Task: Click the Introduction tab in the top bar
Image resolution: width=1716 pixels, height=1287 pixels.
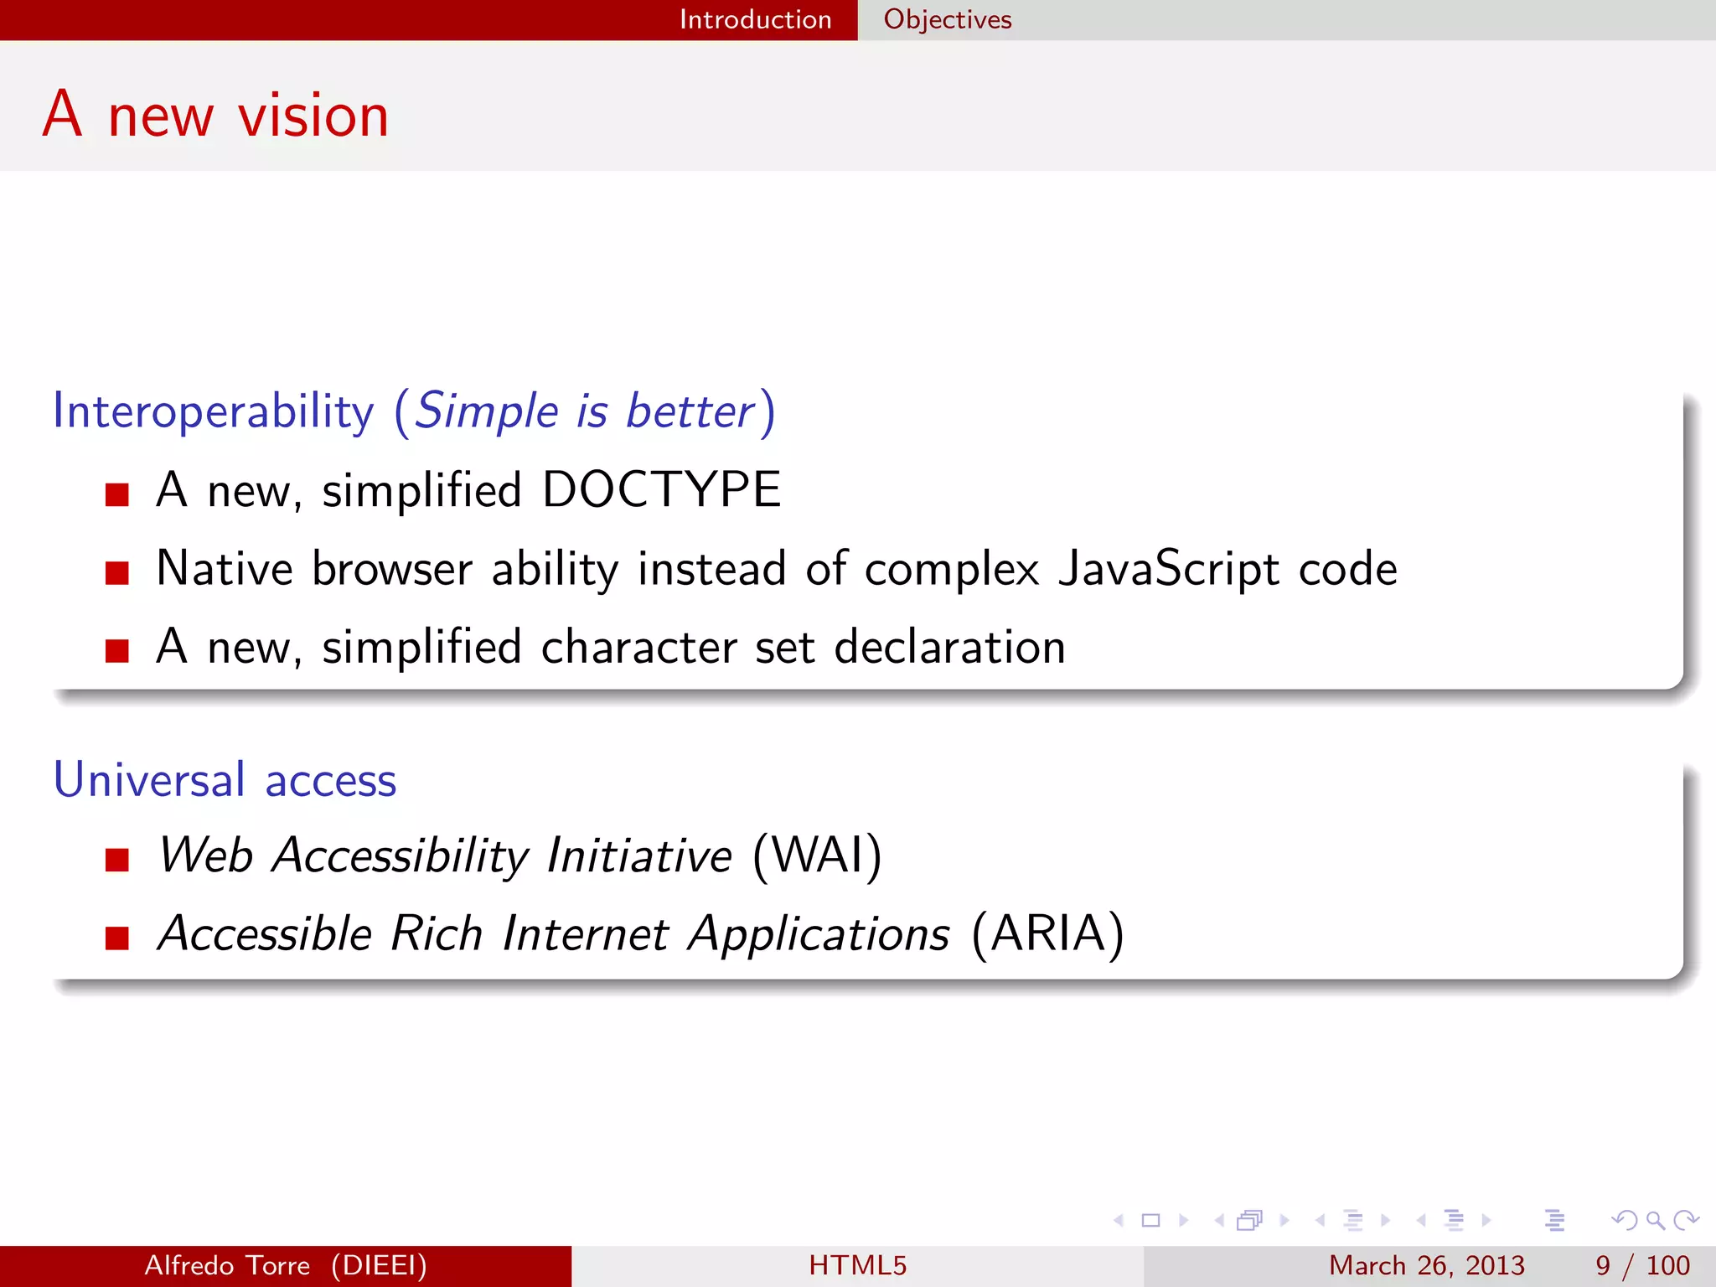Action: point(755,19)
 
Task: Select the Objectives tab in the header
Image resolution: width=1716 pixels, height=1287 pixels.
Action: point(947,19)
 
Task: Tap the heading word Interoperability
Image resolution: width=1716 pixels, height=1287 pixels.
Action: point(213,411)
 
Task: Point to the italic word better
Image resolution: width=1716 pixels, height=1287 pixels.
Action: point(690,411)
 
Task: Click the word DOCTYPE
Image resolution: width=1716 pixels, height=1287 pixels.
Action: point(661,489)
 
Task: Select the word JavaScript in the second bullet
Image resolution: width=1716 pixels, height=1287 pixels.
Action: point(1168,569)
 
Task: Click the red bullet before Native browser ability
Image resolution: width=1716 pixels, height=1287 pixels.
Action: point(117,573)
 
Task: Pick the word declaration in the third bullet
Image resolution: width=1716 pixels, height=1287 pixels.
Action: point(949,648)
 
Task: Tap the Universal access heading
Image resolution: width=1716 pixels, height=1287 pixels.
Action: point(225,780)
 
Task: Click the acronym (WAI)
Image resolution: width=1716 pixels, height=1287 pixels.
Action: point(817,855)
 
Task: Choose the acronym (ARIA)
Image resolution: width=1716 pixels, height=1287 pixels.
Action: point(1047,933)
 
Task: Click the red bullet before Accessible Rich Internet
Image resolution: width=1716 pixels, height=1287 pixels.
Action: point(117,938)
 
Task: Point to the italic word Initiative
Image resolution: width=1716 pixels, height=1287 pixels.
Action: point(638,855)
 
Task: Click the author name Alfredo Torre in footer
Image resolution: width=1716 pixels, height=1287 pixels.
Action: point(227,1265)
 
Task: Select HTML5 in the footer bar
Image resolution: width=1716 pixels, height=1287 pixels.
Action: point(857,1265)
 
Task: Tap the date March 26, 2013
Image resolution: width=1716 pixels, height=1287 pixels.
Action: point(1426,1265)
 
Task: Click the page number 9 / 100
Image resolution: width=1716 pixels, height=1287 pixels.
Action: point(1642,1265)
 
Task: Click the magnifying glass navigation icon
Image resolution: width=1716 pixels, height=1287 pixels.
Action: point(1655,1221)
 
